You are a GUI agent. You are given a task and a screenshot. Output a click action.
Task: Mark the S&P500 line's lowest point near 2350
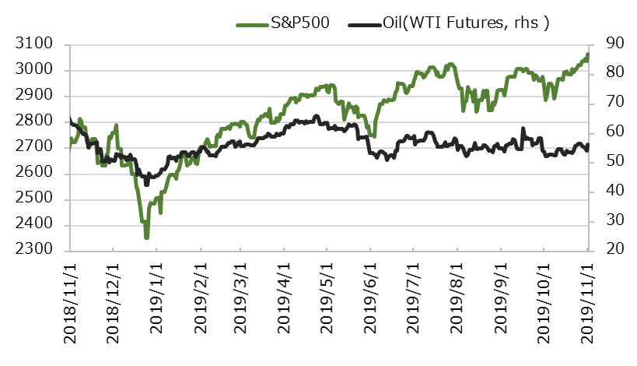145,238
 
